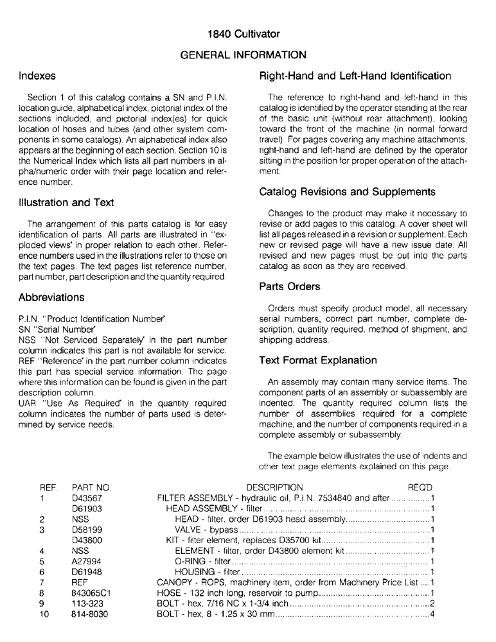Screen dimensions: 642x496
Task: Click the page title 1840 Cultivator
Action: tap(247, 33)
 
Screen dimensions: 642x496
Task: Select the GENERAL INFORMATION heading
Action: tap(247, 55)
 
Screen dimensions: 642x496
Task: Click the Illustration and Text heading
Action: tap(67, 203)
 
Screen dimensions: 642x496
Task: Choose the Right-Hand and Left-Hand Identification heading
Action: tap(355, 76)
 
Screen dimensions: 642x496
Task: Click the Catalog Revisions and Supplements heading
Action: tap(347, 192)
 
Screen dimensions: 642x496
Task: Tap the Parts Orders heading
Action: tap(290, 286)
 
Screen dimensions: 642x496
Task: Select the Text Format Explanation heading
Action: tap(318, 360)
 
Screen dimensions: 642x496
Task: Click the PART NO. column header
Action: tap(91, 488)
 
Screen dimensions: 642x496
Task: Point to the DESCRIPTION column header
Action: tap(274, 488)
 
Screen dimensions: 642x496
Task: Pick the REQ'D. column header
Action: tap(421, 488)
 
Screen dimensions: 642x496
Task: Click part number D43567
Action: tap(89, 498)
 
